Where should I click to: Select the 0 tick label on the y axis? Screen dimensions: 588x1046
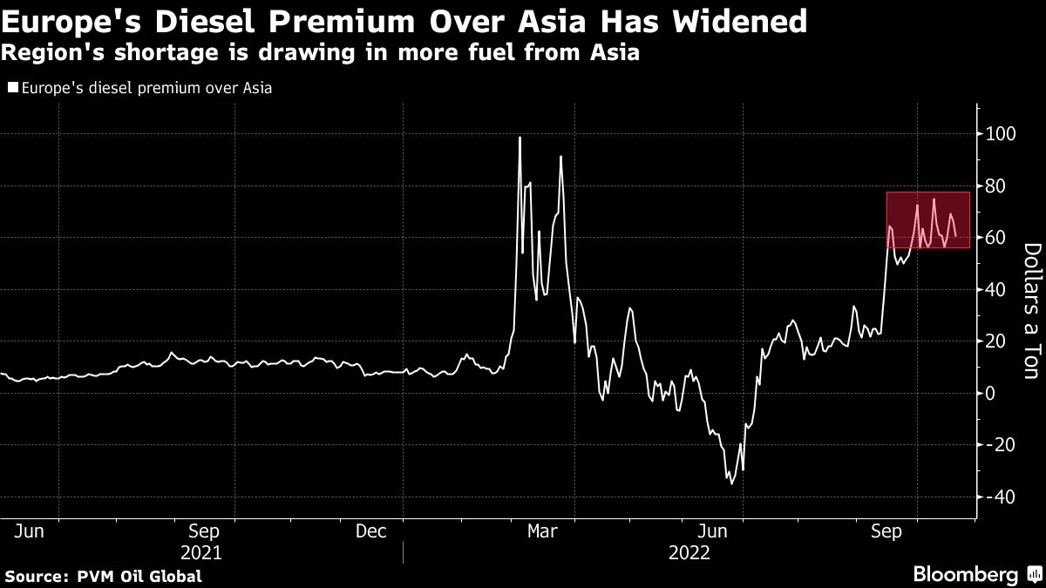coord(990,393)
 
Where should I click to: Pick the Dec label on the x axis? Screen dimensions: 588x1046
coord(373,531)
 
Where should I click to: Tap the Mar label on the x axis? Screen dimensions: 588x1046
coord(544,531)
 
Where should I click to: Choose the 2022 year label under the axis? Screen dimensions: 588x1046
coord(689,552)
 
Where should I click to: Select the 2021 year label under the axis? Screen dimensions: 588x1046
coord(202,552)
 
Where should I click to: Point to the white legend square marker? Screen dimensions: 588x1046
coord(11,87)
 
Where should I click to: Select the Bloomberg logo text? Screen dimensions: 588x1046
coord(966,574)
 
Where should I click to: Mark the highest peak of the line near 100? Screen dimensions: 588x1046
coord(520,138)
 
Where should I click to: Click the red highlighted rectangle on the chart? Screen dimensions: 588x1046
coord(928,220)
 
